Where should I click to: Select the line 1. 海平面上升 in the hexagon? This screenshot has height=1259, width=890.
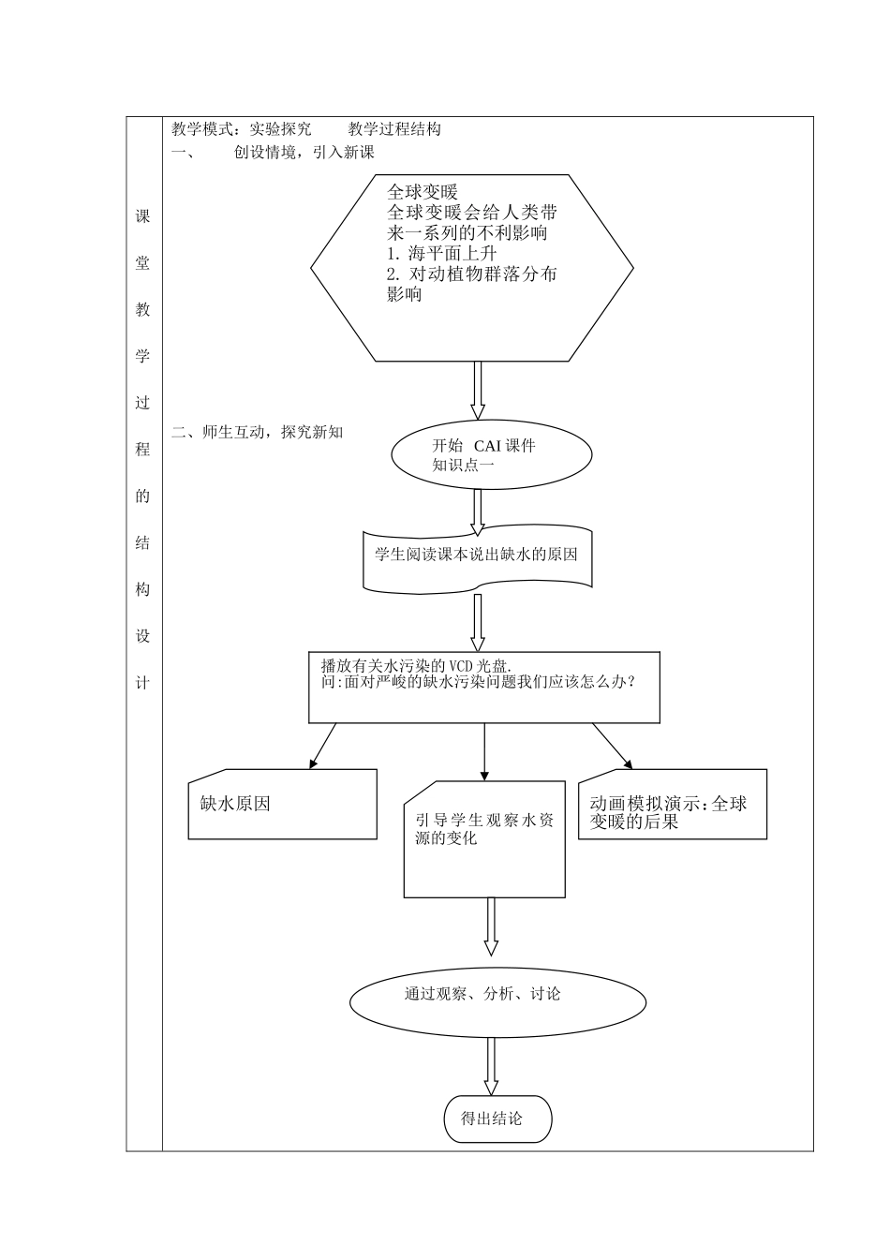(x=441, y=254)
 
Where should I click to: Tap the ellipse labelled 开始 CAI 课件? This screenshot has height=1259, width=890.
(x=491, y=454)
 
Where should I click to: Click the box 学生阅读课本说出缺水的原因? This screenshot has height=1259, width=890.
(x=476, y=555)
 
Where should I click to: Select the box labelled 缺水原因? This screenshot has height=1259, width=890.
(x=282, y=804)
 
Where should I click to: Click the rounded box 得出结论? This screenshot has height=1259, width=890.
(x=497, y=1118)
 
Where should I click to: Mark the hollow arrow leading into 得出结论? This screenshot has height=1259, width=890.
(x=490, y=1065)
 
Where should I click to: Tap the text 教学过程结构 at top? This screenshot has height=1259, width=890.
(x=394, y=129)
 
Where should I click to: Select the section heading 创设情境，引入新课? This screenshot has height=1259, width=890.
(x=304, y=153)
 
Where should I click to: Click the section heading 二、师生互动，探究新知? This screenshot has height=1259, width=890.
(x=258, y=432)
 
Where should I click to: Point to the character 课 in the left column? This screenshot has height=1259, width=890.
(x=142, y=216)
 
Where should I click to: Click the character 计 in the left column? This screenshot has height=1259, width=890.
(x=142, y=683)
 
